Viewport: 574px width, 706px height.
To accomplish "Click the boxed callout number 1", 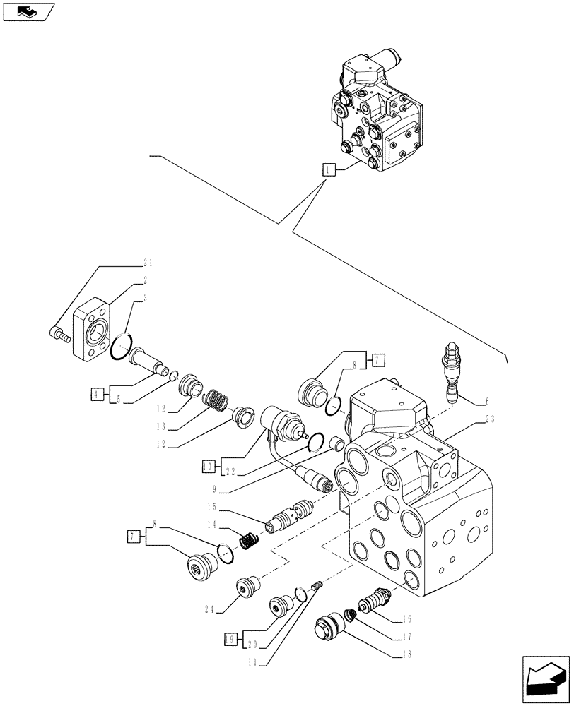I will [328, 169].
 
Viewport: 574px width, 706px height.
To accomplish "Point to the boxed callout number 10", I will [207, 467].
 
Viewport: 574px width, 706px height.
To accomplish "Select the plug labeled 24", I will [248, 587].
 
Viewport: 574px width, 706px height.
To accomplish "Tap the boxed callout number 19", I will [230, 639].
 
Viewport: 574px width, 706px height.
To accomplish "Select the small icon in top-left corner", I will [28, 11].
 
